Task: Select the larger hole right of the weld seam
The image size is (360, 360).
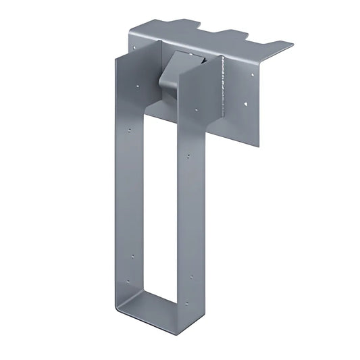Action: pyautogui.click(x=245, y=105)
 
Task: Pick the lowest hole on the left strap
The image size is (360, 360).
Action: pyautogui.click(x=132, y=257)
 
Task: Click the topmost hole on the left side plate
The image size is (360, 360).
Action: pyautogui.click(x=138, y=86)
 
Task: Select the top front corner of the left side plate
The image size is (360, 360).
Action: pyautogui.click(x=115, y=57)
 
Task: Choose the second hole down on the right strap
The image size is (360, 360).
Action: pyautogui.click(x=188, y=156)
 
